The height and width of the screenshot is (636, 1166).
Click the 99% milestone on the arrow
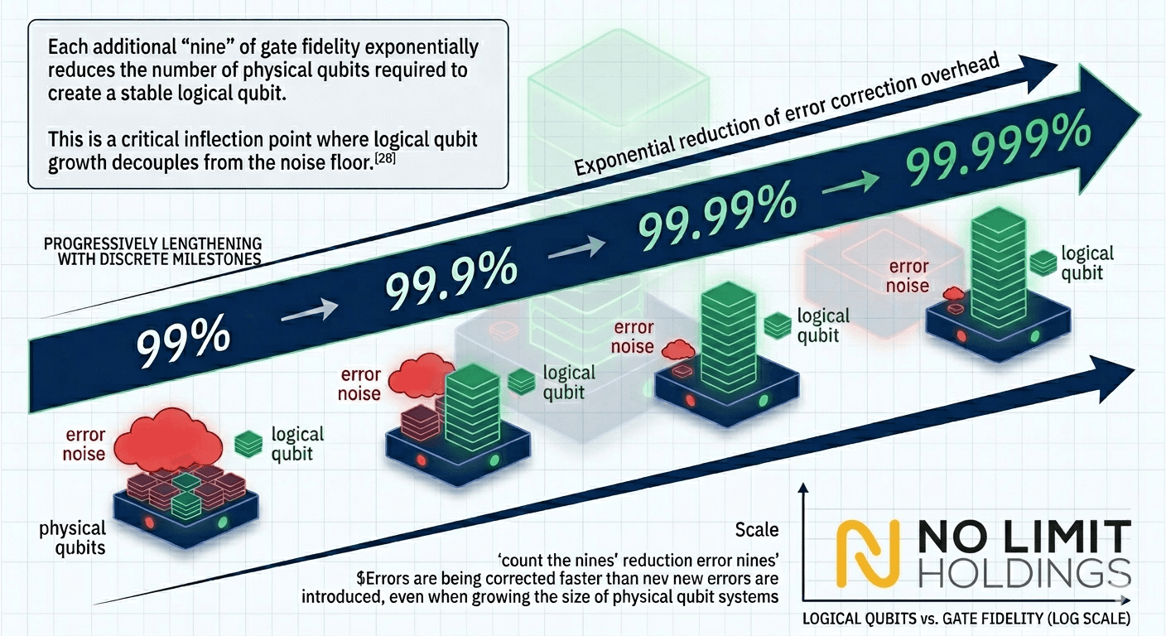click(x=183, y=340)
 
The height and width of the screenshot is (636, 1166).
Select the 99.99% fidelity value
click(x=717, y=214)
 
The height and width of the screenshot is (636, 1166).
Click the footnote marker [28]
click(x=385, y=157)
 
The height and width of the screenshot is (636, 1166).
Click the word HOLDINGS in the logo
click(x=1024, y=574)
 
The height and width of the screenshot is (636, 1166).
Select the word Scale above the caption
click(x=757, y=530)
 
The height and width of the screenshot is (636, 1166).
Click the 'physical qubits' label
click(x=72, y=537)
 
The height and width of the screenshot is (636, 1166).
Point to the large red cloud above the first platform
click(x=167, y=436)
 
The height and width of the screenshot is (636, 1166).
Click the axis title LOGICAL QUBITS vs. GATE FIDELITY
click(x=966, y=619)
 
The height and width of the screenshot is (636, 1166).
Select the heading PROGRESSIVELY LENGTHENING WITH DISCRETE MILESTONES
click(x=153, y=252)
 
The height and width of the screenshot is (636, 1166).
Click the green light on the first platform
click(x=223, y=522)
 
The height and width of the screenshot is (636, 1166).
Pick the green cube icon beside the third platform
click(x=777, y=325)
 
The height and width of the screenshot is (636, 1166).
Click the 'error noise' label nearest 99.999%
click(x=908, y=276)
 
